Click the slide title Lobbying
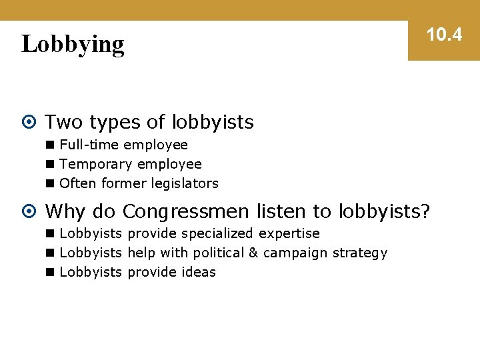73,44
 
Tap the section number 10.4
444,35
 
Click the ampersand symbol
253,253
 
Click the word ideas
198,272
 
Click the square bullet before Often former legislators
51,183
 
